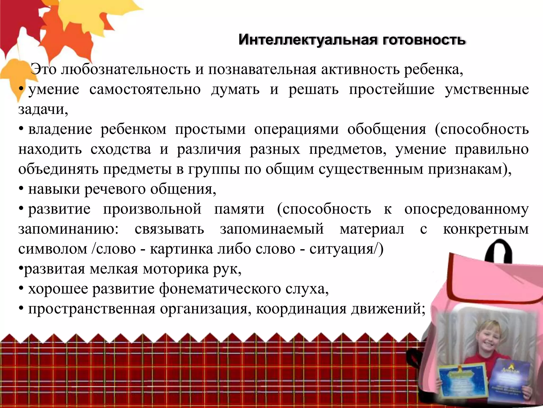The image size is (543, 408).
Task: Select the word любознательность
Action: pyautogui.click(x=126, y=70)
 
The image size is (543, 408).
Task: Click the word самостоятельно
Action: pyautogui.click(x=145, y=90)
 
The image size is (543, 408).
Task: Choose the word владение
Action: pyautogui.click(x=60, y=130)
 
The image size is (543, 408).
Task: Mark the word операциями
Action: pyautogui.click(x=296, y=130)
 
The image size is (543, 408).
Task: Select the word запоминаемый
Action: pyautogui.click(x=272, y=229)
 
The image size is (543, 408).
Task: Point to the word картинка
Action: pyautogui.click(x=181, y=249)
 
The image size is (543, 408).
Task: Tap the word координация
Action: pyautogui.click(x=301, y=309)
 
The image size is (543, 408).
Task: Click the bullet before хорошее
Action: pyautogui.click(x=21, y=289)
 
